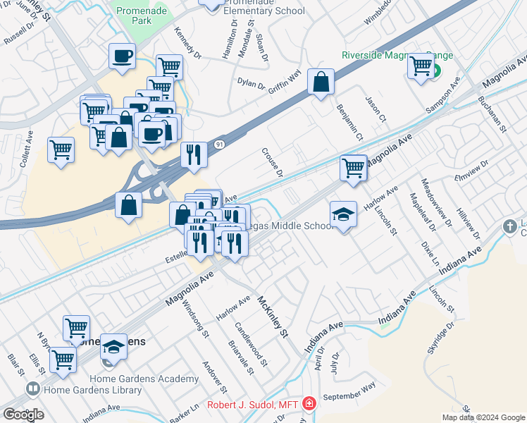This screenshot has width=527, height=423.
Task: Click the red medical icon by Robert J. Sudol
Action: pos(309,405)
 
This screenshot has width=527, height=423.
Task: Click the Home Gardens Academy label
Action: pos(154,379)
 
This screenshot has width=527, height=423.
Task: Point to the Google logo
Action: pos(23,415)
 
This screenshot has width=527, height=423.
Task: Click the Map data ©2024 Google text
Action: pos(483,417)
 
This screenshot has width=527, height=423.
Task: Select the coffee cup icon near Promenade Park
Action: pos(122,56)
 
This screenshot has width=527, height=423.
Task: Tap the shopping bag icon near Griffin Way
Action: pos(321,82)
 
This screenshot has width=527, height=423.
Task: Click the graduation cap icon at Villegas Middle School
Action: pos(343,214)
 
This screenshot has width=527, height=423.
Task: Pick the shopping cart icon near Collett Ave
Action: pos(61,150)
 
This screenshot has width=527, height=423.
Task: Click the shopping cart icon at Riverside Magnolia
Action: pos(421,66)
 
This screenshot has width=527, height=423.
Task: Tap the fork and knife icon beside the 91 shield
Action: pos(194,154)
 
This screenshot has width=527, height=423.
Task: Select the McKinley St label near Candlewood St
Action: pos(274,315)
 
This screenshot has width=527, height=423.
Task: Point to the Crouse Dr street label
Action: pos(272,162)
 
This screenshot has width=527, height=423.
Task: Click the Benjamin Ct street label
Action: pos(351,122)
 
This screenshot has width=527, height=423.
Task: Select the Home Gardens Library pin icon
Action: pos(32,388)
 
